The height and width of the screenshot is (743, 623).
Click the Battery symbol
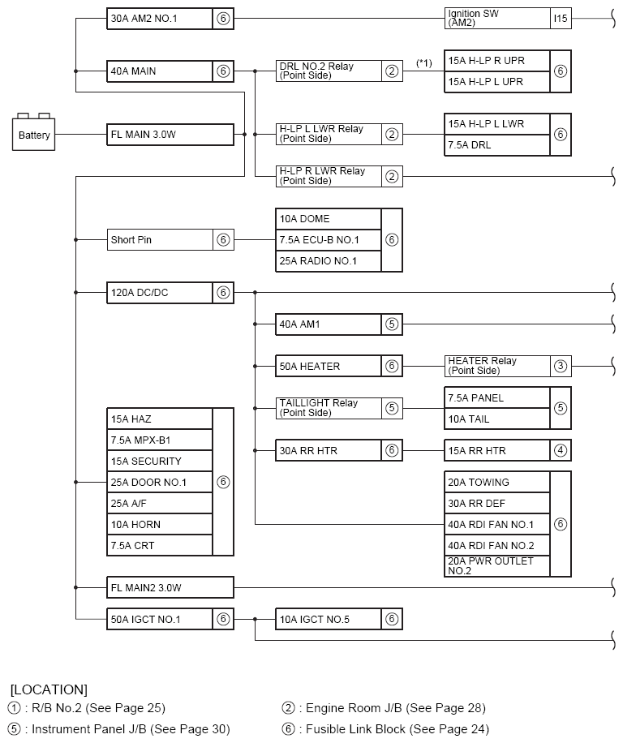(34, 132)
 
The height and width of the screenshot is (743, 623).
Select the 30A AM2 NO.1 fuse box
(160, 19)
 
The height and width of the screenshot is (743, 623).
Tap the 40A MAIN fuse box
(160, 71)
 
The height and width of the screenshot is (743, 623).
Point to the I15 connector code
(561, 19)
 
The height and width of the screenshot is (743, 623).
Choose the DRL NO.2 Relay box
(329, 71)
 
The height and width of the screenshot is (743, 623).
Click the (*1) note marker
(423, 62)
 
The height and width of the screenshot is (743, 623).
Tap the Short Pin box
(160, 240)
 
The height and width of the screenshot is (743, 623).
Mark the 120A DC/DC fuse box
(160, 292)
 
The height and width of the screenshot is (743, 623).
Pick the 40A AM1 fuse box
(329, 324)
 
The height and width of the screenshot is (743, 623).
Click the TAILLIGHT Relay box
(329, 408)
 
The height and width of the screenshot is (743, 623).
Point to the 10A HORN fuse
(160, 525)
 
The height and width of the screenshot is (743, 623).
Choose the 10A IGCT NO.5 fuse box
(329, 620)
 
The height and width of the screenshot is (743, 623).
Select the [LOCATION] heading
(49, 689)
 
